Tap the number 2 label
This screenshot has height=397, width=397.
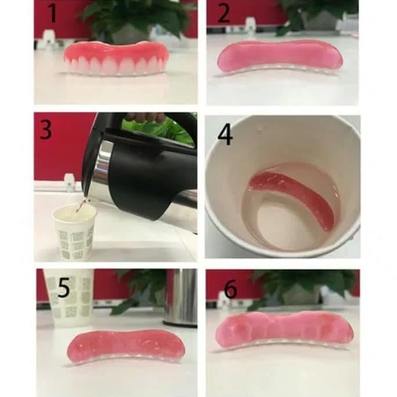coord(223,13)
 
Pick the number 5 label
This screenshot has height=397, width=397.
coord(64,288)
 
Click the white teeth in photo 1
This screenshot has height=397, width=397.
coord(116,66)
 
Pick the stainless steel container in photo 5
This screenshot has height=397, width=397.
coord(180,296)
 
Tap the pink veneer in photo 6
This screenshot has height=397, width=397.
coord(284,328)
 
